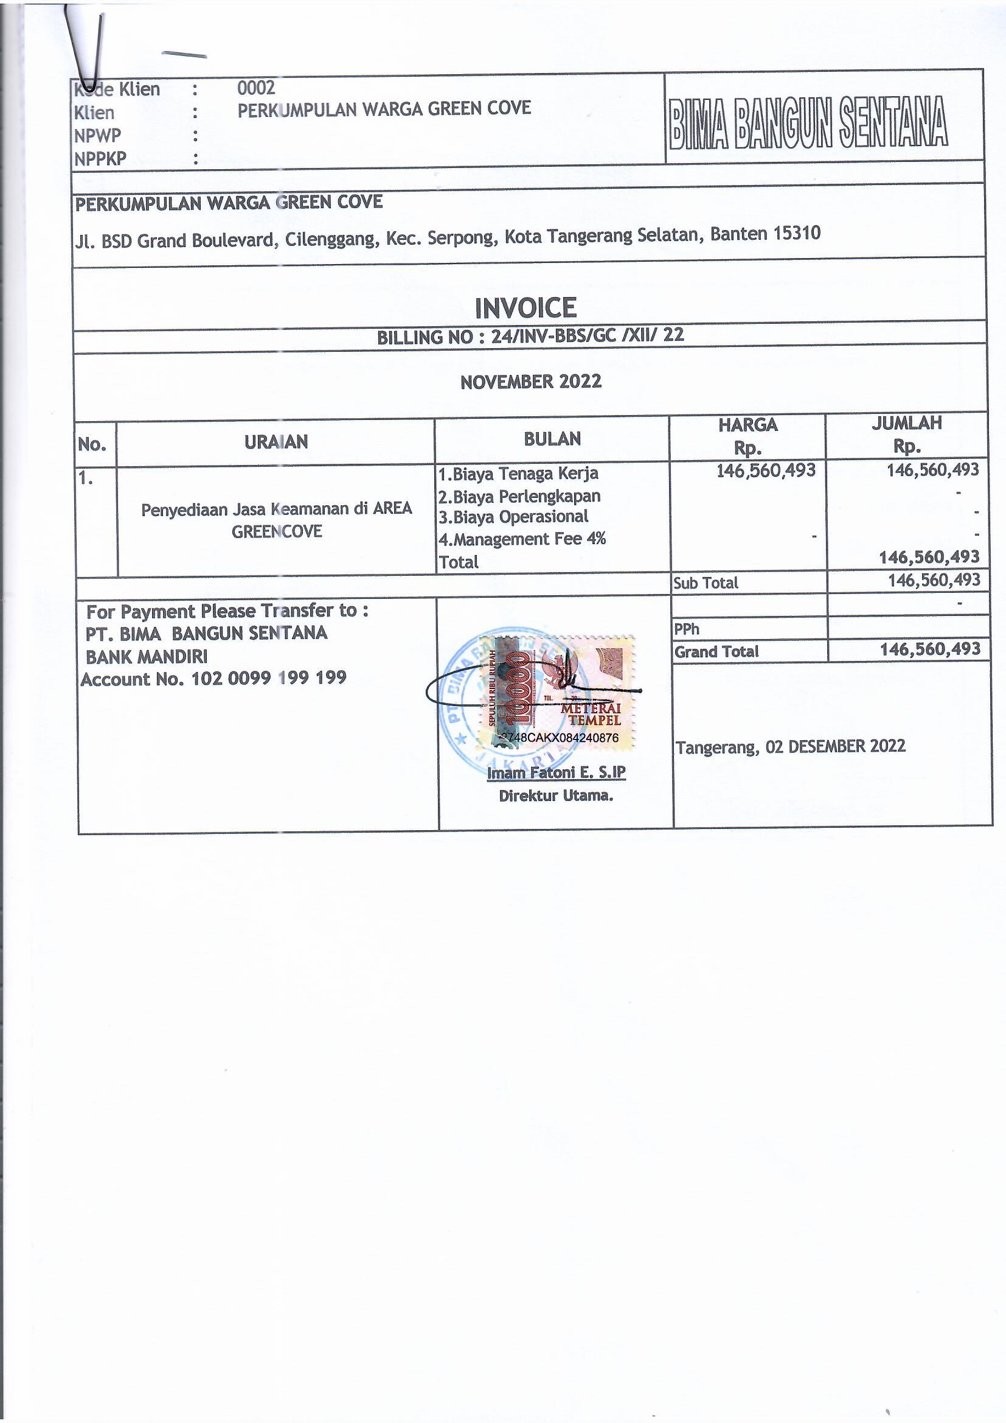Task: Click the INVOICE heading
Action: (x=526, y=308)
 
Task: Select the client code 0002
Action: (x=256, y=88)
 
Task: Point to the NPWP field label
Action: (x=97, y=135)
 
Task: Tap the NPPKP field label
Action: (x=100, y=159)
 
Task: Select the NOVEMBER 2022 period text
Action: (x=530, y=381)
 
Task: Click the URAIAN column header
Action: (x=276, y=442)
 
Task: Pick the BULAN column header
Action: (x=552, y=439)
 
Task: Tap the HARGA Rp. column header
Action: (x=747, y=435)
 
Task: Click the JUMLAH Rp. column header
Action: (x=906, y=434)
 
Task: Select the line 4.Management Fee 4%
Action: (x=522, y=539)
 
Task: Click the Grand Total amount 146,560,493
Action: (x=930, y=649)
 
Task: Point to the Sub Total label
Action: (x=705, y=582)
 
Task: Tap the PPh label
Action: (x=686, y=629)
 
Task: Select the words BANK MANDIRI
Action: (x=146, y=656)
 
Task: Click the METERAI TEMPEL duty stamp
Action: (x=557, y=693)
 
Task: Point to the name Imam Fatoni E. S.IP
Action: (x=556, y=772)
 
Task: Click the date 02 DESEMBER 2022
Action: (x=835, y=746)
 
